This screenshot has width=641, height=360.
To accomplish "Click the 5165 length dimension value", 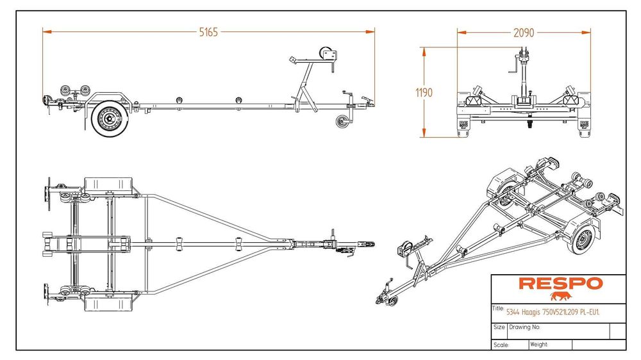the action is [208, 32].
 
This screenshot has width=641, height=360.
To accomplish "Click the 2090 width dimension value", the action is [524, 33].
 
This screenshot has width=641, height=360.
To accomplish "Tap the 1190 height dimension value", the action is [424, 93].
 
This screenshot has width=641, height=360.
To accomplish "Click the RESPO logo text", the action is [561, 284].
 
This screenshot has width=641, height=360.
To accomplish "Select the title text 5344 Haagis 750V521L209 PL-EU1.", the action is [553, 313].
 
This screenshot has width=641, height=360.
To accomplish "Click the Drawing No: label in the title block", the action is [524, 327].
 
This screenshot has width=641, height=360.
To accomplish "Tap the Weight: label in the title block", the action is [539, 345].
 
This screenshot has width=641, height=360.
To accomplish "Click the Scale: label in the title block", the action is [501, 345].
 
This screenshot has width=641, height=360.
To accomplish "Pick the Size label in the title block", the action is [499, 327].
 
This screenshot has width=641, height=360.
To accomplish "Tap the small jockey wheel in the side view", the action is [342, 122].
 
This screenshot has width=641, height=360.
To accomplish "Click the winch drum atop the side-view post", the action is [326, 54].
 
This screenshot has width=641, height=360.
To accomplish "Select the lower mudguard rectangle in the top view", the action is [108, 302].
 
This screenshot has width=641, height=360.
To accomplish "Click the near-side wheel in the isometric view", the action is [581, 239].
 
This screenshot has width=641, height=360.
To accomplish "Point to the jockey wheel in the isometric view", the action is [392, 302].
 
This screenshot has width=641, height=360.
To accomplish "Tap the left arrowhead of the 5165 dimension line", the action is [47, 31].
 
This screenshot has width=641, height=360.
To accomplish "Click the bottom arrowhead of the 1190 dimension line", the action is [424, 133].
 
